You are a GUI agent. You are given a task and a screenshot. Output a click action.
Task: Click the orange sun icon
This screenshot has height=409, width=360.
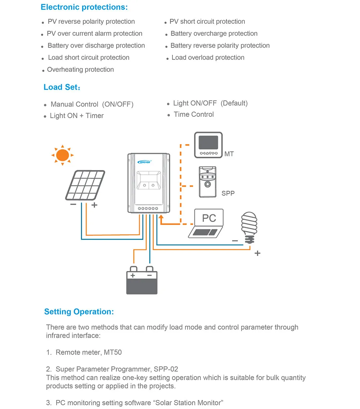click(62, 155)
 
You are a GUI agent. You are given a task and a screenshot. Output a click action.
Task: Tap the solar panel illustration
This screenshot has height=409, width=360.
click(85, 185)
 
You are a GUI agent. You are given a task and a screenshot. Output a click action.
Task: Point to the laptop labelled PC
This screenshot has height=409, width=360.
click(206, 223)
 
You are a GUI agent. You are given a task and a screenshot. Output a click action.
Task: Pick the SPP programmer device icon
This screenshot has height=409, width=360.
click(207, 182)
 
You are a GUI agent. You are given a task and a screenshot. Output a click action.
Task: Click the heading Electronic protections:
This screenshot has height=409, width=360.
click(84, 7)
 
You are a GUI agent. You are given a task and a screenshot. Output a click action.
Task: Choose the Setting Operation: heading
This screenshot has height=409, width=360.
click(79, 312)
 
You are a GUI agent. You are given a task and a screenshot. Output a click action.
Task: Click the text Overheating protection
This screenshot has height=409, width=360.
click(80, 70)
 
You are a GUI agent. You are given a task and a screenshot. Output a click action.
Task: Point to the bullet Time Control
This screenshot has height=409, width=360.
click(194, 115)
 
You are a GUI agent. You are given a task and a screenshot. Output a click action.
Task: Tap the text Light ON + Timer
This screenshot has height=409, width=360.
click(77, 116)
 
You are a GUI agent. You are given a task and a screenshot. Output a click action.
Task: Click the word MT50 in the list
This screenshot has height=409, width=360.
click(113, 352)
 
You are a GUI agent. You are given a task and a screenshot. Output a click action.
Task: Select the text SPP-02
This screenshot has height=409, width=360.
click(166, 369)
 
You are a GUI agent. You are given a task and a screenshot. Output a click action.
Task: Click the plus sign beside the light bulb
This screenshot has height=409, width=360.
click(257, 253)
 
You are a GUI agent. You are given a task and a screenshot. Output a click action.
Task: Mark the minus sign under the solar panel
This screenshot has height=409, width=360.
click(73, 204)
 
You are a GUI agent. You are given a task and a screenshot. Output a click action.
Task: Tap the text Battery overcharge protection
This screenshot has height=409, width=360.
click(214, 34)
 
